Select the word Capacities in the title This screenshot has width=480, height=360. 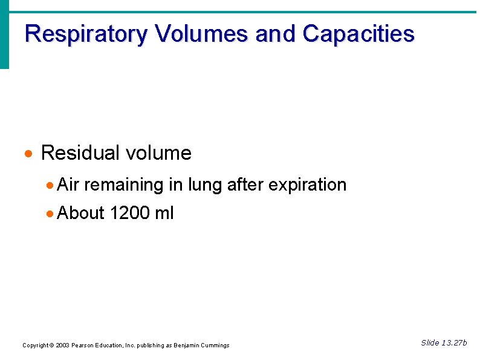click(x=358, y=34)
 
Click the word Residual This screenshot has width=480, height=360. click(x=80, y=153)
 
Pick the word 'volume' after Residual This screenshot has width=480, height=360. click(x=158, y=153)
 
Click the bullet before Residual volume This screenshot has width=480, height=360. click(x=28, y=154)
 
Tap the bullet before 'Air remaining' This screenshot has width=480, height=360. click(x=50, y=185)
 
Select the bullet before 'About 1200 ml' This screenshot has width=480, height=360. click(x=50, y=214)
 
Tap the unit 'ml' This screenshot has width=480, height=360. click(x=164, y=213)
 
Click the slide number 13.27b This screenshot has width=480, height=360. click(x=453, y=343)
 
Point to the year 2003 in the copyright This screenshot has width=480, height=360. click(x=62, y=345)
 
